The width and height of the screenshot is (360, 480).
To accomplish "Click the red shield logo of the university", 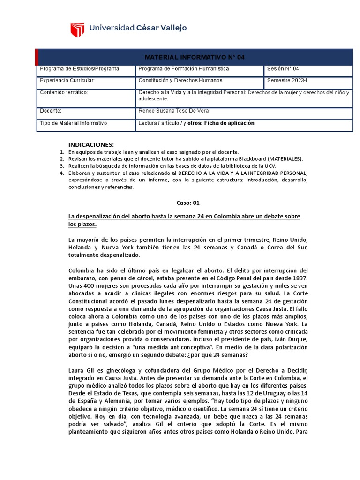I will (77, 29).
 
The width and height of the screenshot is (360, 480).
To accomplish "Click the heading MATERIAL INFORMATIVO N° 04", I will (195, 57).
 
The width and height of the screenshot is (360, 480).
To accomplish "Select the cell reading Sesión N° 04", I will (283, 69).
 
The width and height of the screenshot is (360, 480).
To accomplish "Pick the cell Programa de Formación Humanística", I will (184, 69).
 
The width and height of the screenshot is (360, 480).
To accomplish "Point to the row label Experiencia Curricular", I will (67, 81).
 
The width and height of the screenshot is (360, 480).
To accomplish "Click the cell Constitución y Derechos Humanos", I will (180, 81).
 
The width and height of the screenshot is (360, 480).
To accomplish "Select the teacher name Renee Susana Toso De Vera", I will (173, 111).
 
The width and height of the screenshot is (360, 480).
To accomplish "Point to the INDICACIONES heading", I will (91, 144).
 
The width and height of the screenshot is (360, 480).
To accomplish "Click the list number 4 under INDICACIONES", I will (61, 173).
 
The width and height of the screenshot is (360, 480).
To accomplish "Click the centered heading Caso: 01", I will (188, 202).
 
